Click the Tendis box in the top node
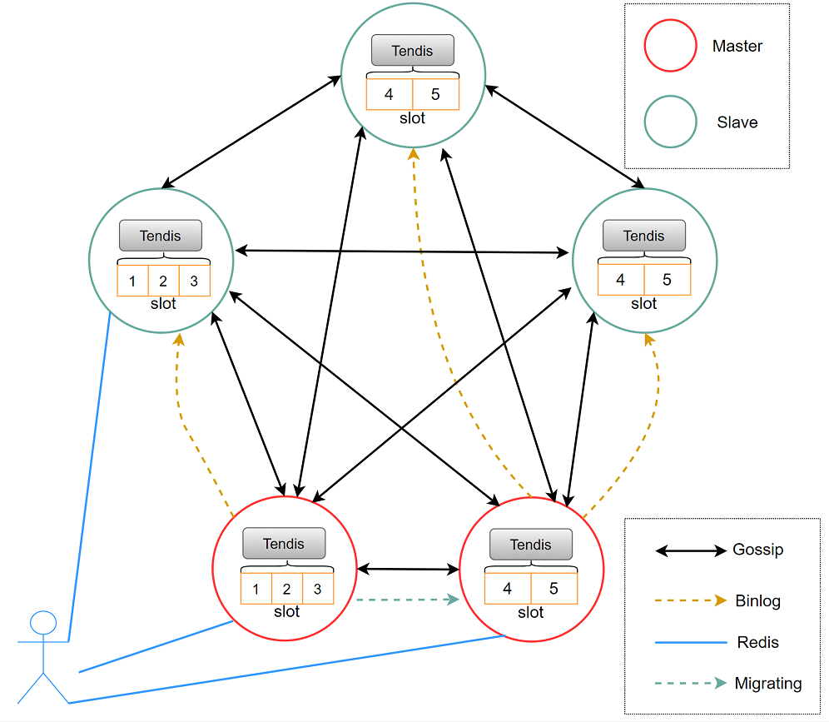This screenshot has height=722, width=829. [x=412, y=50]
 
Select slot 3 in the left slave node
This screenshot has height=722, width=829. [x=195, y=281]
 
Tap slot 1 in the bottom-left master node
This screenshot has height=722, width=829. [x=256, y=588]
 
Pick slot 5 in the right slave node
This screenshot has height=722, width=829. [x=668, y=279]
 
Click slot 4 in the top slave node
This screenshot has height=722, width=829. [x=390, y=94]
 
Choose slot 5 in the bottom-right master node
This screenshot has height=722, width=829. [x=554, y=588]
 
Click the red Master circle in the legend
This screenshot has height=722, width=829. [x=670, y=46]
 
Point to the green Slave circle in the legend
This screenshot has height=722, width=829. [x=670, y=122]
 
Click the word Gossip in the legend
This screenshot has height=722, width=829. [x=757, y=550]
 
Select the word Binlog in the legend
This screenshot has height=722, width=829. [x=757, y=601]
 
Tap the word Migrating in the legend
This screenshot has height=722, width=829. [x=768, y=684]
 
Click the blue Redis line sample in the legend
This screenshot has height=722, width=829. [x=691, y=642]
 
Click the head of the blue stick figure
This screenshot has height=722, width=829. [x=43, y=623]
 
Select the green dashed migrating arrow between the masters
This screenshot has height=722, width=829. [x=408, y=600]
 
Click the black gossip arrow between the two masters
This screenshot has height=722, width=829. [x=408, y=569]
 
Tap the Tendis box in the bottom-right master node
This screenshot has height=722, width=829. [x=531, y=545]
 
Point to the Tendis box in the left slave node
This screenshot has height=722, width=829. [x=160, y=236]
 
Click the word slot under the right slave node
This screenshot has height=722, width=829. [x=643, y=304]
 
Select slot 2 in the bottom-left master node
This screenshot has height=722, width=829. [x=286, y=588]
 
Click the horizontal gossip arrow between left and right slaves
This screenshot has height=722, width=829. [x=402, y=251]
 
